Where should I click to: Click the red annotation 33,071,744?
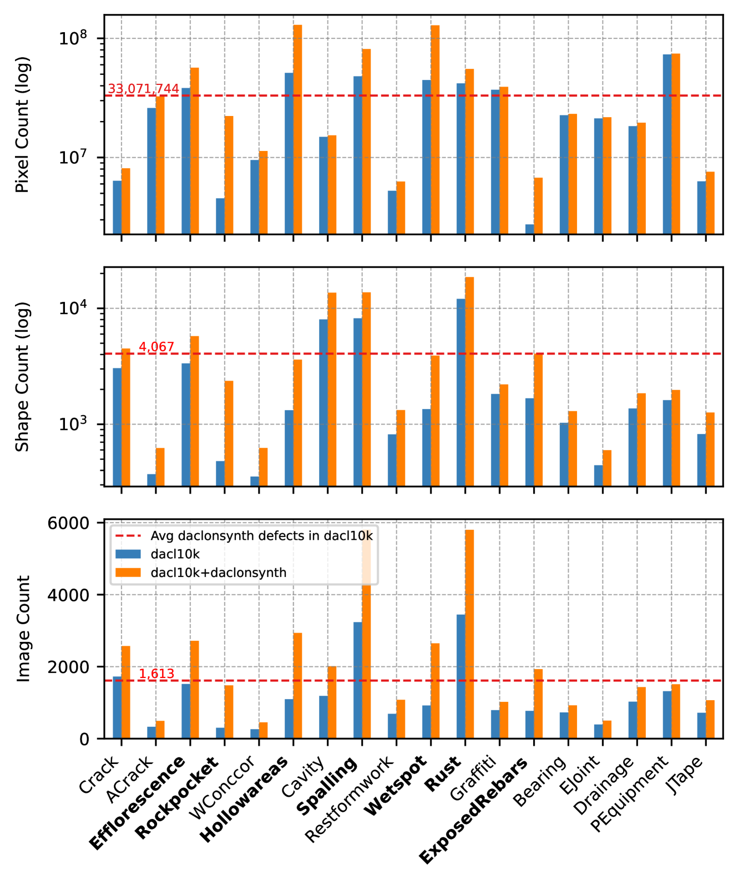[x=143, y=89]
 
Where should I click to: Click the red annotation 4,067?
[x=156, y=347]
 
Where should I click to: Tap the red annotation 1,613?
[x=156, y=674]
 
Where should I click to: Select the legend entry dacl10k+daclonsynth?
[x=218, y=573]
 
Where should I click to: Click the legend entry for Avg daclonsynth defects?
[x=261, y=536]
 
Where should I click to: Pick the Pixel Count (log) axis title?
[x=22, y=125]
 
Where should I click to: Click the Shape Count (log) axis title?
[x=22, y=377]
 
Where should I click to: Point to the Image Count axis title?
[x=23, y=629]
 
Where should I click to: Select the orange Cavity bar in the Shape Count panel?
[x=332, y=388]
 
